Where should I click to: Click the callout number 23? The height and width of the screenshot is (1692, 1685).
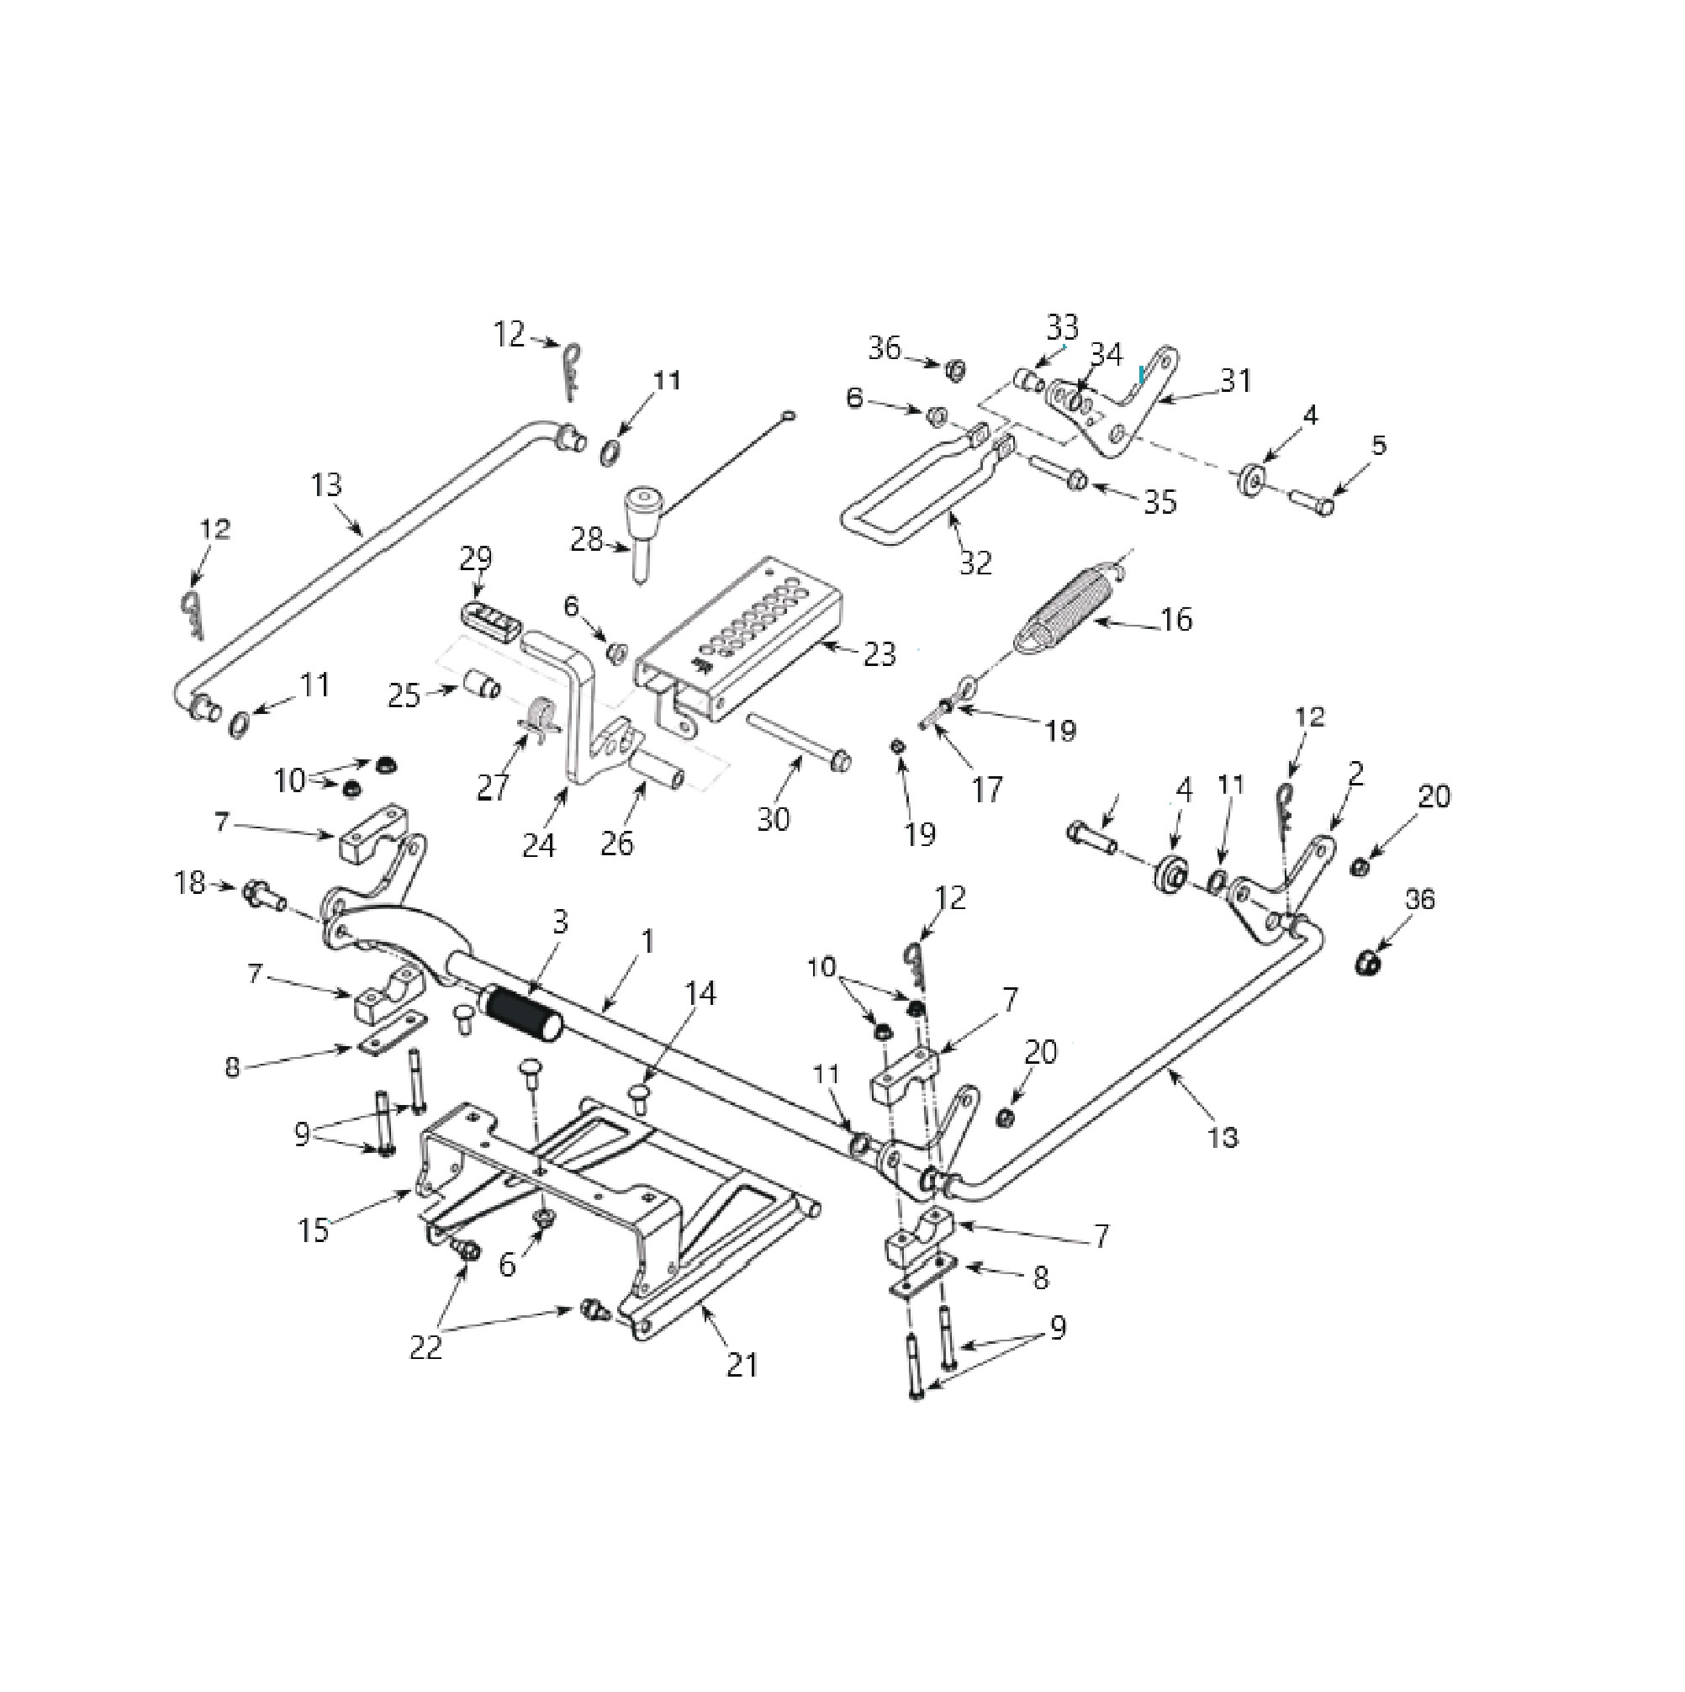[x=879, y=653]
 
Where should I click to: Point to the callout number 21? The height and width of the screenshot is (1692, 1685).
[x=742, y=1365]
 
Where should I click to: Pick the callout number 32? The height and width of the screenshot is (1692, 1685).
[x=975, y=563]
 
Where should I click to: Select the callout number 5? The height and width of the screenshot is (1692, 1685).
[x=1378, y=445]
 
